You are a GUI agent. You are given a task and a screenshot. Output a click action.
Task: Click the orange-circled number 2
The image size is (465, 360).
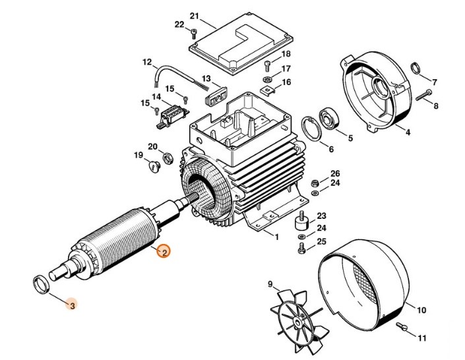click(164, 251)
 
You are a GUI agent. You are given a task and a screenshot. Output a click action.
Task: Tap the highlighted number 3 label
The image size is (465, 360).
click(73, 305)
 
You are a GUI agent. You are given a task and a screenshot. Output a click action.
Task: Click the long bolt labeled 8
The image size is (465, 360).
click(425, 97)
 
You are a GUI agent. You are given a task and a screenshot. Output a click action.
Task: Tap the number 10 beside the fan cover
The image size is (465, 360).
click(421, 310)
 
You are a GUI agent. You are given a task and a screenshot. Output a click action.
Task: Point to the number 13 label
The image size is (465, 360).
click(206, 79)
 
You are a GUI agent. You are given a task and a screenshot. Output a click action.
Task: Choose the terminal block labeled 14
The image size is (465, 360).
click(171, 117)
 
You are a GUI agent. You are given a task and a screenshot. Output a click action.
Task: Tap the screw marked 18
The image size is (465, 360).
click(267, 64)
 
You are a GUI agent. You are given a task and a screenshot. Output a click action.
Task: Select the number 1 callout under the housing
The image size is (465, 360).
click(277, 236)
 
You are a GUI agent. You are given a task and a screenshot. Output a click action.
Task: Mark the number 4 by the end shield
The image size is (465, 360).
click(408, 133)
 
